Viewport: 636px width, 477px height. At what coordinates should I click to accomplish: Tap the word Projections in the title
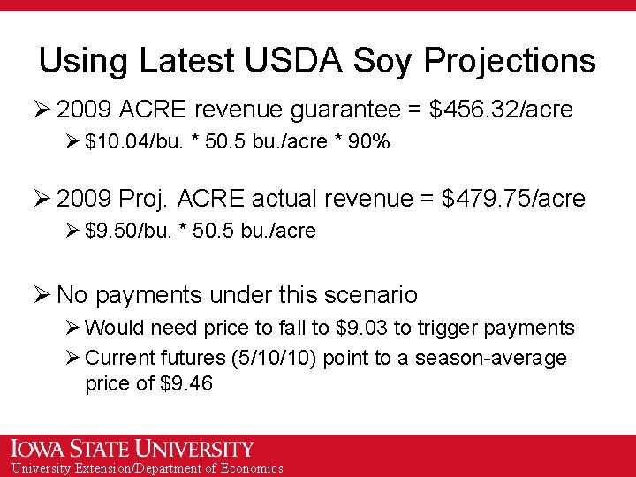(510, 61)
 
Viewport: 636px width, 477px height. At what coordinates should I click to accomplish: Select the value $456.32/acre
(500, 110)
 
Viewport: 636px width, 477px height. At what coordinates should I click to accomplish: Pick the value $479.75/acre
(513, 199)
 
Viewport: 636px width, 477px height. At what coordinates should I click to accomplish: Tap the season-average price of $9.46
(187, 384)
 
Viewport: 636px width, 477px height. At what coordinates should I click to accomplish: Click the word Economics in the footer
(252, 468)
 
